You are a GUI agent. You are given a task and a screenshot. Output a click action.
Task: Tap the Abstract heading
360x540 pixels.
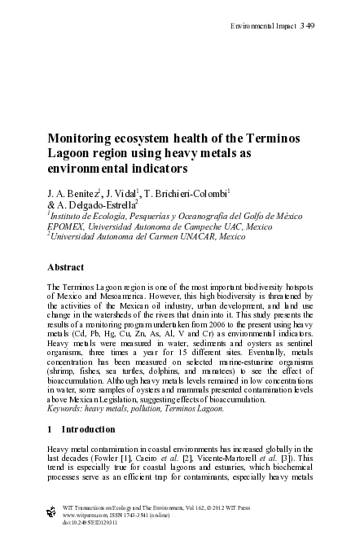(x=68, y=266)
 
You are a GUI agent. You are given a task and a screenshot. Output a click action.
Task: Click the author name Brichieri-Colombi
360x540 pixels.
(x=195, y=193)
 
